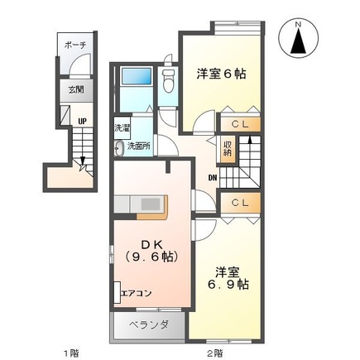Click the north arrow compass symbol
pyautogui.click(x=300, y=40)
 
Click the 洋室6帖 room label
pyautogui.click(x=222, y=73)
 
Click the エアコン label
pyautogui.click(x=135, y=291)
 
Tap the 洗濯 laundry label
pyautogui.click(x=122, y=128)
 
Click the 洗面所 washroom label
pyautogui.click(x=138, y=146)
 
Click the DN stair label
pyautogui.click(x=213, y=177)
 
